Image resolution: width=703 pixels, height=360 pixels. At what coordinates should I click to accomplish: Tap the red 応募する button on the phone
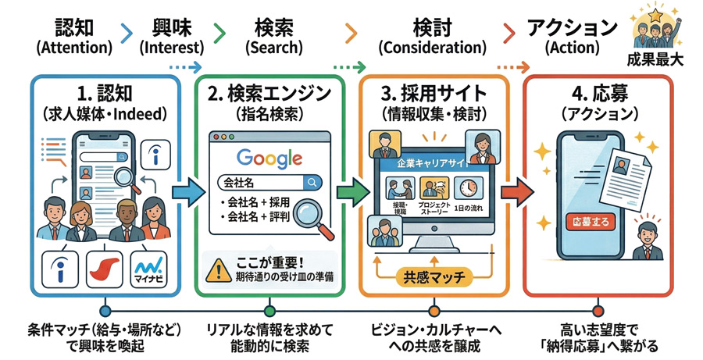(x=587, y=221)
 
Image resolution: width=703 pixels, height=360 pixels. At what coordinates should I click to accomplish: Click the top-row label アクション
(x=572, y=27)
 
